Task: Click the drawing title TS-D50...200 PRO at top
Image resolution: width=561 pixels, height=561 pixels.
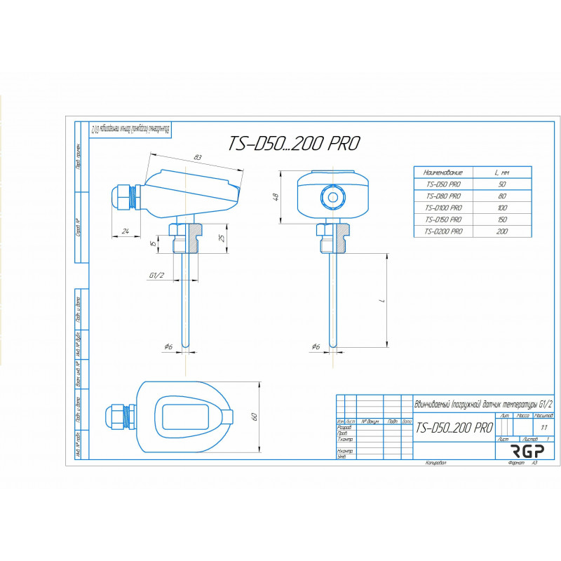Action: [x=294, y=144]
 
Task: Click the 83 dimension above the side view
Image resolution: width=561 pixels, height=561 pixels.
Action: [x=198, y=156]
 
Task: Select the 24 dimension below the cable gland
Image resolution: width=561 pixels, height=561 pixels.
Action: [x=125, y=231]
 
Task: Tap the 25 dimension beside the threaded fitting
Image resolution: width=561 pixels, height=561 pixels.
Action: [x=222, y=238]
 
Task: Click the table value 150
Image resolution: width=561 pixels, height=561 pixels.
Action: [x=501, y=219]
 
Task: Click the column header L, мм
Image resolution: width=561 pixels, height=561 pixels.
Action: [x=501, y=172]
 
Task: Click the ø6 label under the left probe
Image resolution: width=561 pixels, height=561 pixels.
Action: [x=168, y=346]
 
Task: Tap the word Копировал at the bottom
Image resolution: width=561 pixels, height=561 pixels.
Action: [x=435, y=464]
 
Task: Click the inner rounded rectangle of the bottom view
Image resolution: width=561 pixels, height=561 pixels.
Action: [x=186, y=417]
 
